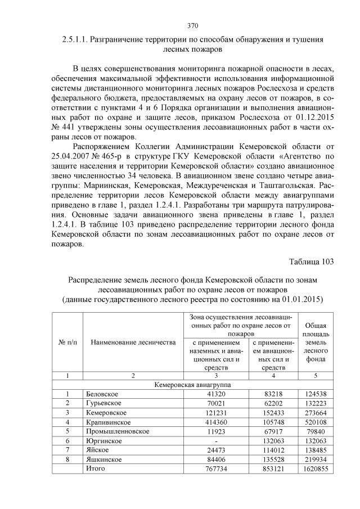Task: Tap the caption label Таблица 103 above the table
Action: [x=311, y=262]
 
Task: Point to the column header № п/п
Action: [x=67, y=343]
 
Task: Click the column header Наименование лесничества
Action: [x=133, y=343]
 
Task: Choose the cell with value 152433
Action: [x=273, y=412]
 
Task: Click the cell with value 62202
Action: [x=273, y=403]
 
